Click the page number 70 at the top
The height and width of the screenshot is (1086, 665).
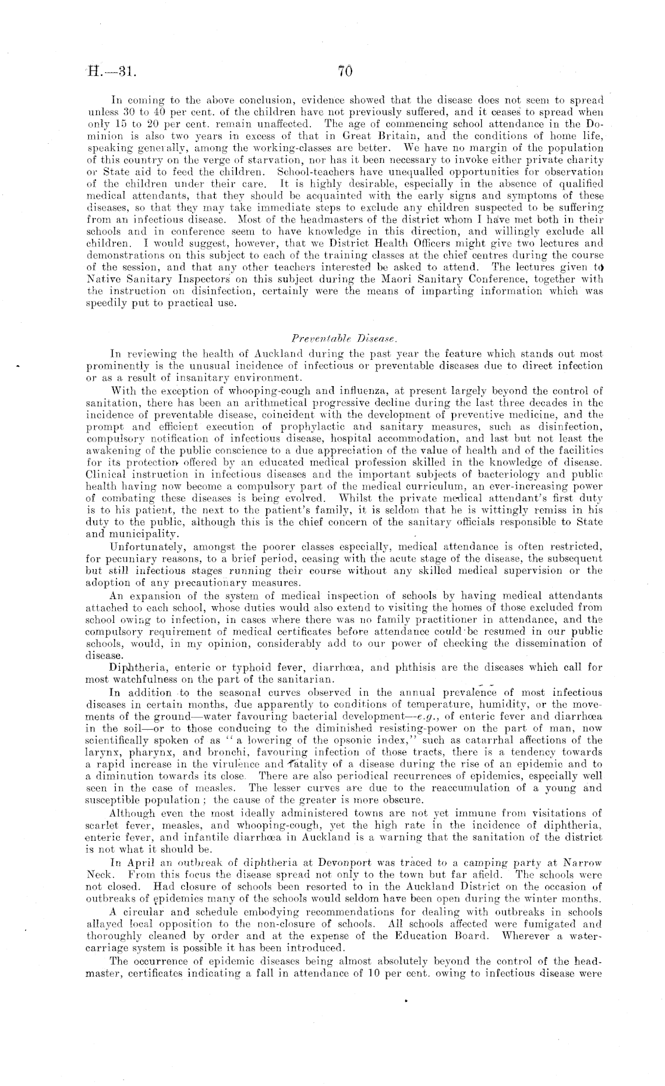(345, 72)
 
